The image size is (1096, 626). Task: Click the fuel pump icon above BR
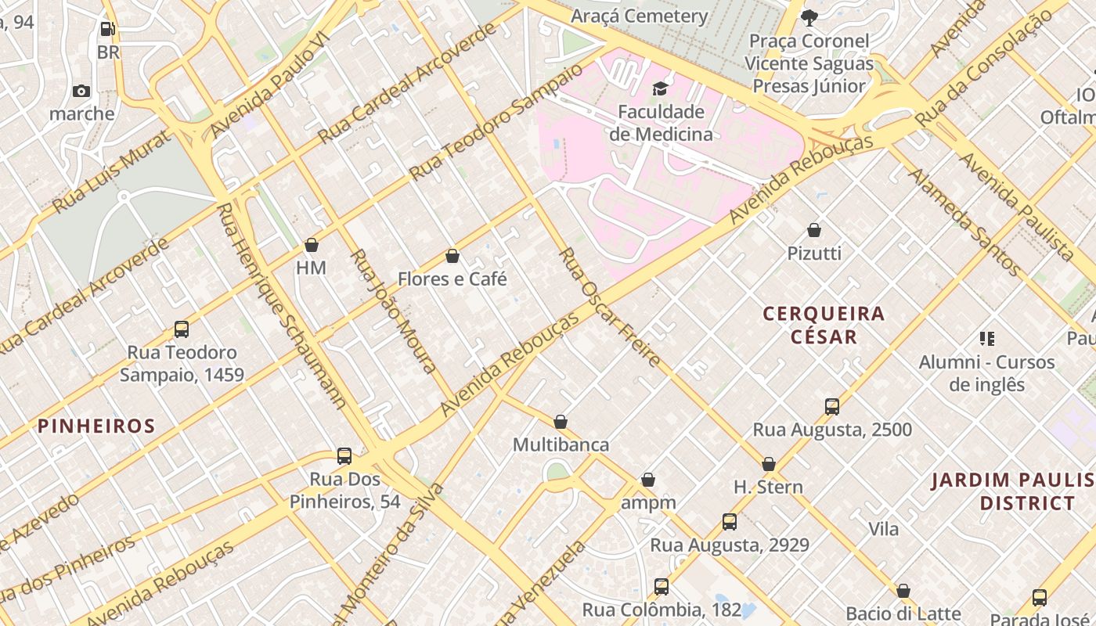(108, 30)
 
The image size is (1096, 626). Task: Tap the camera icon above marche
(81, 91)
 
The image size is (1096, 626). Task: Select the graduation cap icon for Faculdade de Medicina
(661, 88)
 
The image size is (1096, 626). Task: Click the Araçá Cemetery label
(639, 16)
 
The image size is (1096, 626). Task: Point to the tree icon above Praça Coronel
(809, 17)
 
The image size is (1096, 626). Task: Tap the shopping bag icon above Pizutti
(814, 230)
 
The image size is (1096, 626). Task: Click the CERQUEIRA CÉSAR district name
(824, 325)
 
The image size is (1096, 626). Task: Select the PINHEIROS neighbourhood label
(97, 426)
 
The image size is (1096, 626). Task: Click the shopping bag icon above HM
(311, 245)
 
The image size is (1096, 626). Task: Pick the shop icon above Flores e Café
(452, 256)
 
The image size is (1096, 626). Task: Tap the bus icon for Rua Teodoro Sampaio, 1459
(182, 329)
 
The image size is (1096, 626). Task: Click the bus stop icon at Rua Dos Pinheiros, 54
(344, 456)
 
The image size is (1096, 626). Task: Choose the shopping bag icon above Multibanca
(561, 422)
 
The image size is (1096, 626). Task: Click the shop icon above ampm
(647, 480)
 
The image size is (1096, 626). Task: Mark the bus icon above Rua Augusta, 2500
(832, 406)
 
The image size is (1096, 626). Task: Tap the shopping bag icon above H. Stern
(768, 464)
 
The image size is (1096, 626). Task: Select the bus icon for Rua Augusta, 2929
(730, 522)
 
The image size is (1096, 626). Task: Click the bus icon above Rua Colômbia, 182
(662, 586)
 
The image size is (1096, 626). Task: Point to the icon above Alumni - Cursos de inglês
(986, 339)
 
